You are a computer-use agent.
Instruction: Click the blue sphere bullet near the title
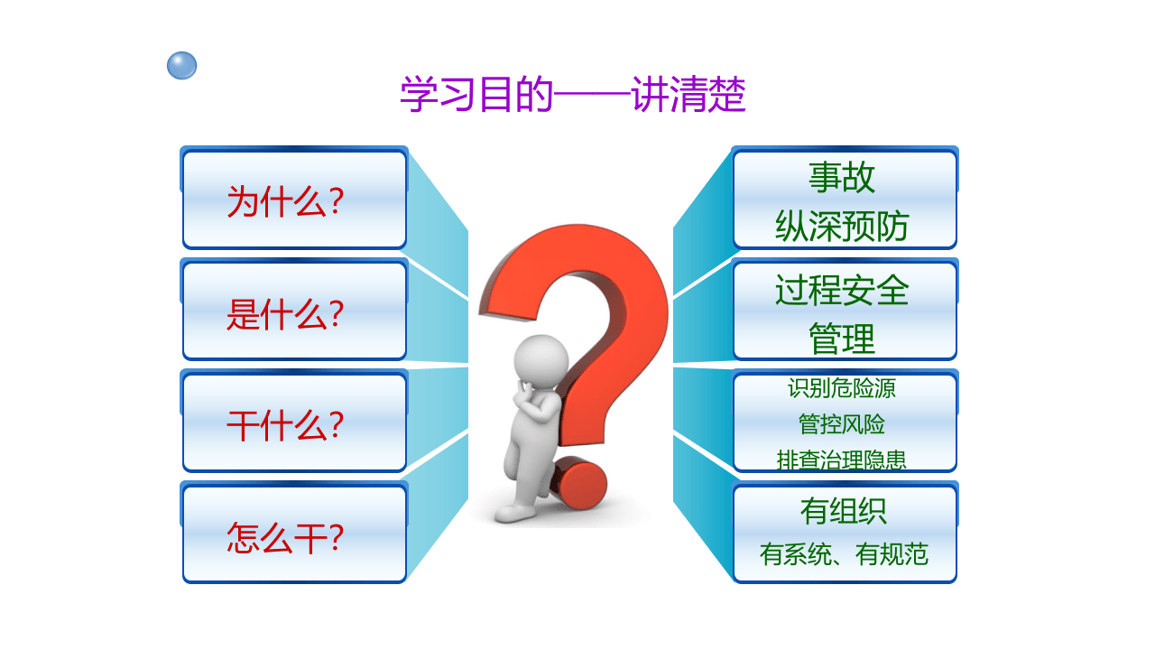pyautogui.click(x=181, y=66)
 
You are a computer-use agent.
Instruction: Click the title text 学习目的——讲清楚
pyautogui.click(x=573, y=95)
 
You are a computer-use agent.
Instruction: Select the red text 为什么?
pyautogui.click(x=284, y=201)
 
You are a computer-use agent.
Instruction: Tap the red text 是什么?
pyautogui.click(x=284, y=313)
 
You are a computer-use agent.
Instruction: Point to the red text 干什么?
pyautogui.click(x=284, y=425)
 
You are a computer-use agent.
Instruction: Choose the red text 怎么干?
pyautogui.click(x=284, y=537)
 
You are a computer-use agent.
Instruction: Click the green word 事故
pyautogui.click(x=842, y=177)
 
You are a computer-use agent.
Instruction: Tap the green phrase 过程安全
pyautogui.click(x=842, y=290)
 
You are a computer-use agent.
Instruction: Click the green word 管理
pyautogui.click(x=842, y=340)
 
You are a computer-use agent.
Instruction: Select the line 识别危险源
pyautogui.click(x=842, y=389)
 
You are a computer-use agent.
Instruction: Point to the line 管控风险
pyautogui.click(x=842, y=424)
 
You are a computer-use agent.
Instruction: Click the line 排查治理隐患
pyautogui.click(x=842, y=460)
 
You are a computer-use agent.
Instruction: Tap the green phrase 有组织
pyautogui.click(x=843, y=512)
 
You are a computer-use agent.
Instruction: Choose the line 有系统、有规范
pyautogui.click(x=844, y=553)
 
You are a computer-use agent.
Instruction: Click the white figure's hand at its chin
pyautogui.click(x=528, y=394)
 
